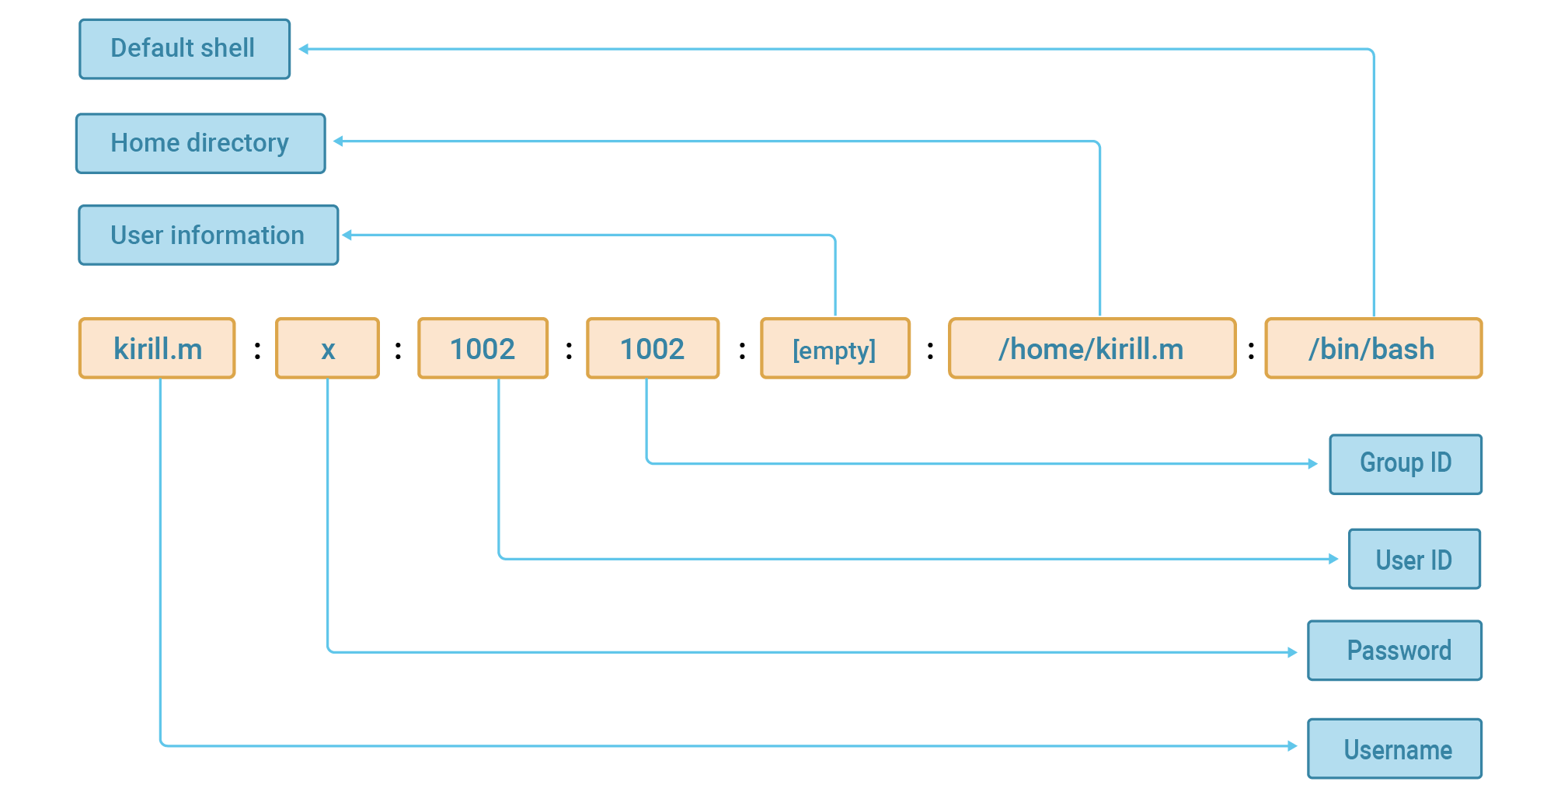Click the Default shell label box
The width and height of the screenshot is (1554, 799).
click(184, 49)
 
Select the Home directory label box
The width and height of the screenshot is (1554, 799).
click(200, 144)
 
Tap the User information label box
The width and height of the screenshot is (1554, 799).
click(208, 236)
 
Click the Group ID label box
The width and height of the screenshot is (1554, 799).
click(1405, 464)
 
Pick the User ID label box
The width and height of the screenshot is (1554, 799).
click(1413, 560)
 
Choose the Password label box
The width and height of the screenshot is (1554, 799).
click(1394, 651)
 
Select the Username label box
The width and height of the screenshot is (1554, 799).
click(1394, 748)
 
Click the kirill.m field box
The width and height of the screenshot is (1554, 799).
click(157, 348)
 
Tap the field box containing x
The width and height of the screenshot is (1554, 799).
click(327, 348)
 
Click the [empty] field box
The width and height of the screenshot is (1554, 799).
click(834, 348)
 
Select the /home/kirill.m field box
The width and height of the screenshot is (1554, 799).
click(1091, 348)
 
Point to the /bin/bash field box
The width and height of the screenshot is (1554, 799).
click(1372, 348)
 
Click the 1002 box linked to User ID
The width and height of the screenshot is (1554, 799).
click(483, 348)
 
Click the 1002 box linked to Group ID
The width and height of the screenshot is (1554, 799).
click(652, 348)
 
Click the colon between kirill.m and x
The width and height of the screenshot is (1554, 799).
click(257, 351)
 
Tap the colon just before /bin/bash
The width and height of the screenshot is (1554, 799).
click(1251, 351)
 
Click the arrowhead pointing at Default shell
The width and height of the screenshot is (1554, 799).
click(304, 49)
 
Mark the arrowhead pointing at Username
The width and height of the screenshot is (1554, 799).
click(1292, 746)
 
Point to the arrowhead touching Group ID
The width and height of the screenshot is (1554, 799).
click(1312, 464)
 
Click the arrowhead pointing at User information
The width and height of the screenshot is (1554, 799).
click(347, 235)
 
